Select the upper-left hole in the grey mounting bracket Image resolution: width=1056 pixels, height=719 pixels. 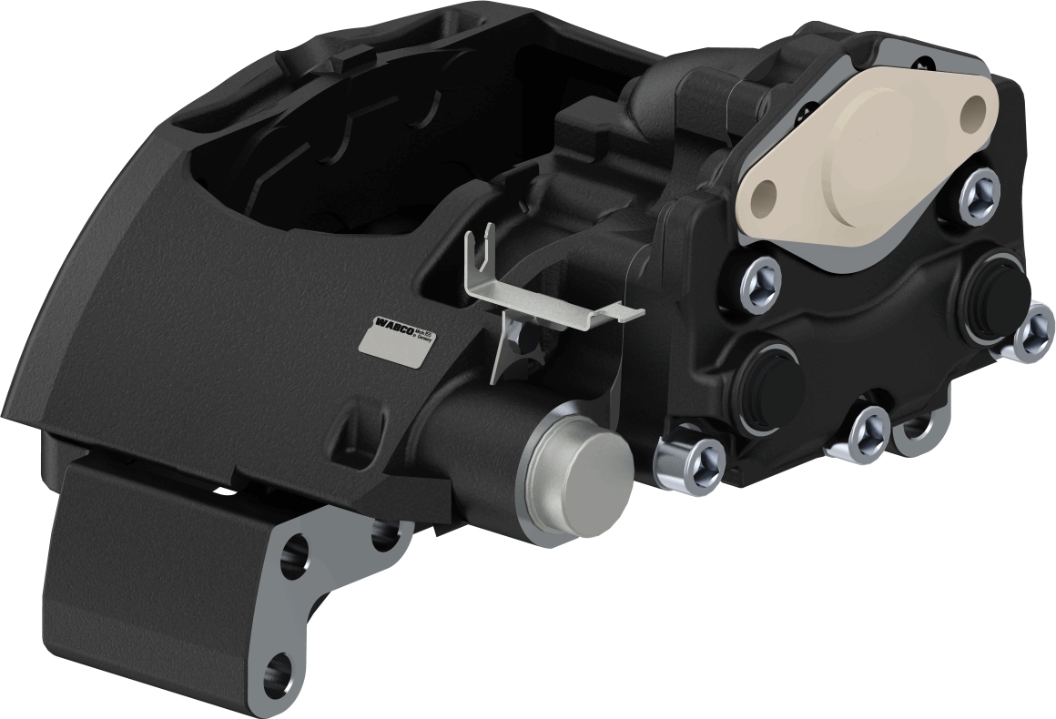[x=295, y=556]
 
